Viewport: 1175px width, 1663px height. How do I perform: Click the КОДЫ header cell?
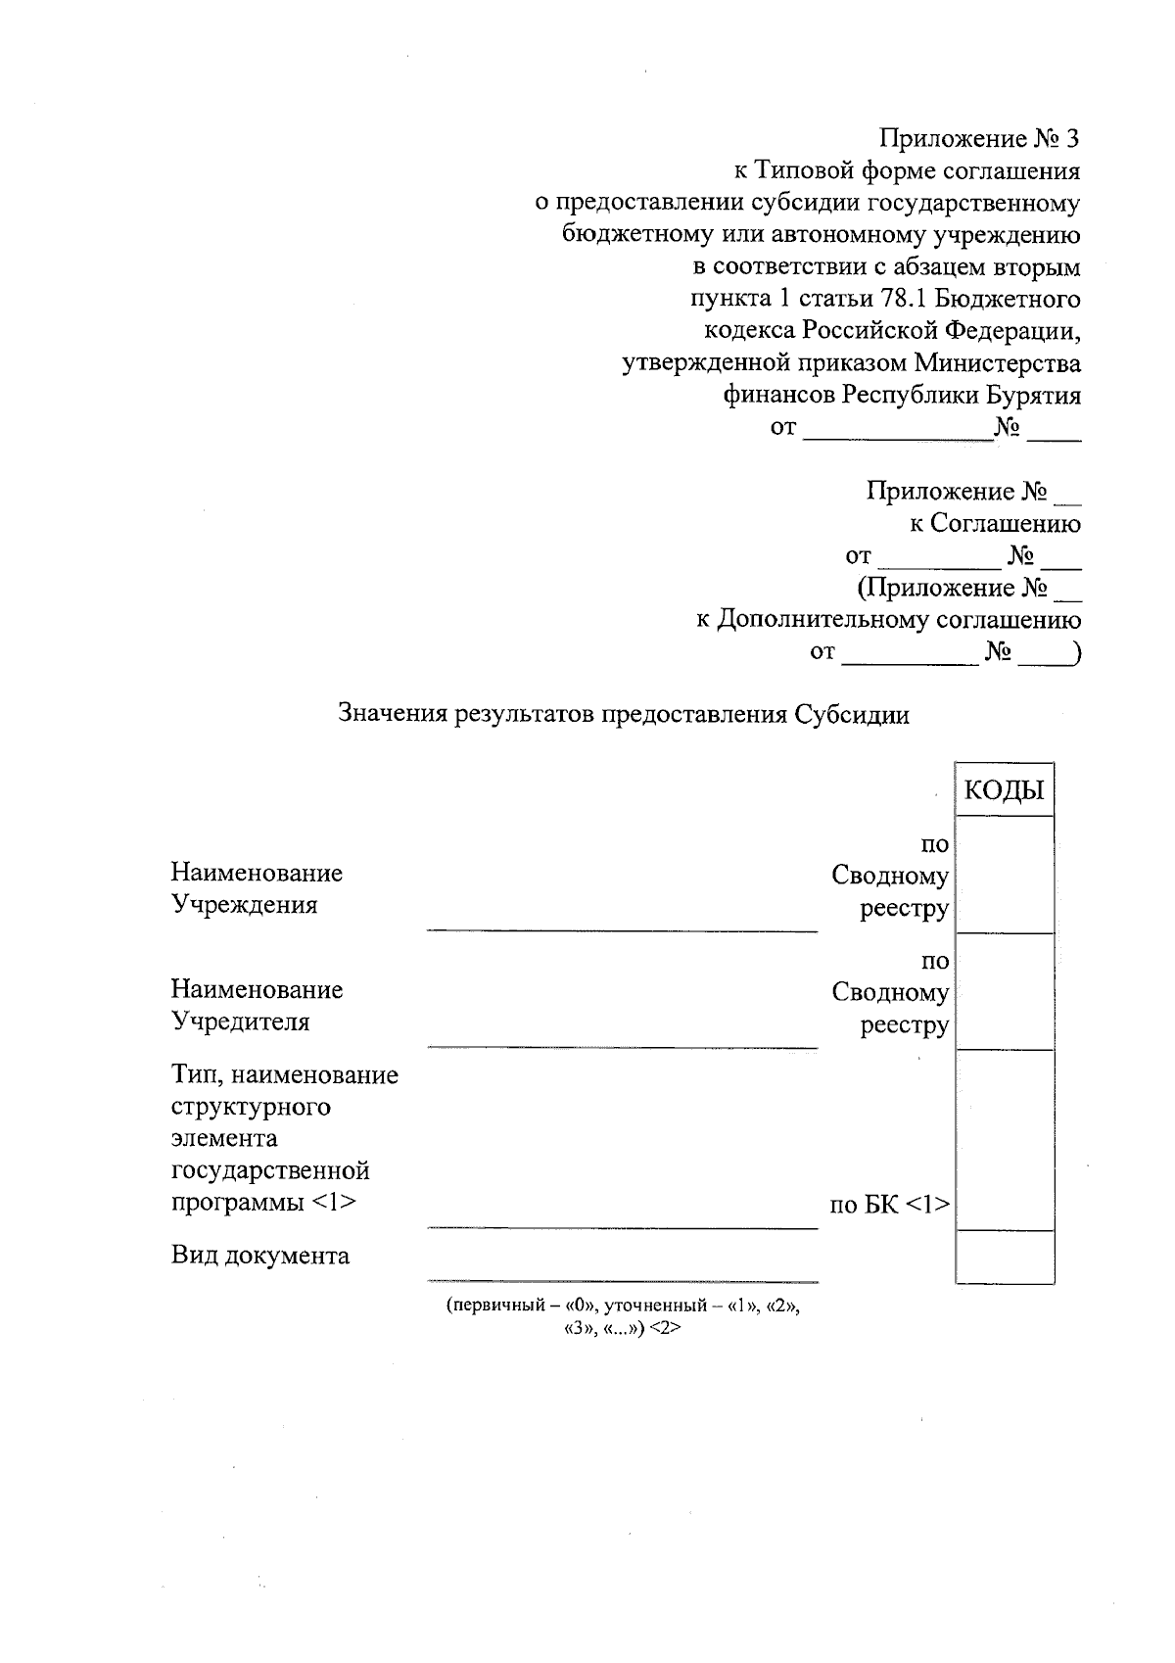(1004, 790)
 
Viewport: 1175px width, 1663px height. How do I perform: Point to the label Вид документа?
(260, 1256)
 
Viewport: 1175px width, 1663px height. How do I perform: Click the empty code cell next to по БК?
(1005, 1139)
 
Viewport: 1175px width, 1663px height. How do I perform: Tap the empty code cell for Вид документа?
(1005, 1256)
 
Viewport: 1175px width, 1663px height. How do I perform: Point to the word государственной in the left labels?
(270, 1170)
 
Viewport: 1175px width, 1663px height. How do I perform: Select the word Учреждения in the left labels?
(245, 904)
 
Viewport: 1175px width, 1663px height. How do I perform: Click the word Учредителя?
(241, 1022)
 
